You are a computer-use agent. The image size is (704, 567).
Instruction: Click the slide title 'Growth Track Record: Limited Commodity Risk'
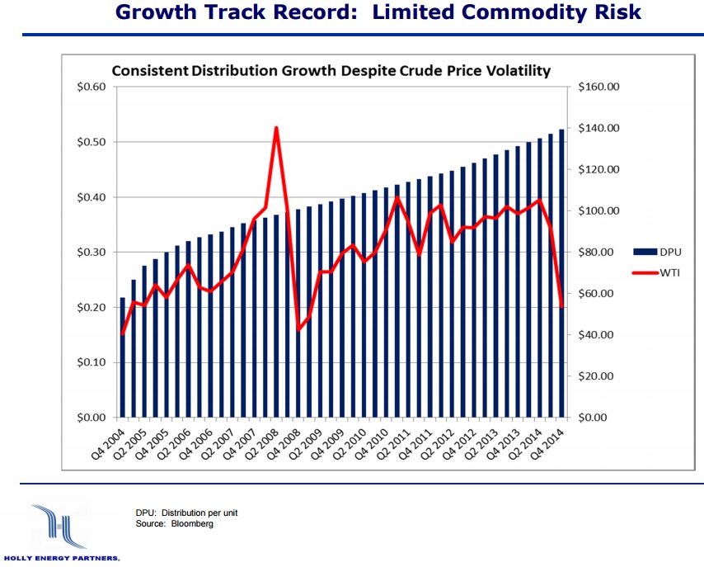(x=378, y=13)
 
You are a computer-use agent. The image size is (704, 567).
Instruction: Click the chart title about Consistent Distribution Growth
(x=331, y=71)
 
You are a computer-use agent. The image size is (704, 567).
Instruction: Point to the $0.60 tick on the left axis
(x=92, y=87)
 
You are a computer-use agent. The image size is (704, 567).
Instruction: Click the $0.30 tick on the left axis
(x=92, y=253)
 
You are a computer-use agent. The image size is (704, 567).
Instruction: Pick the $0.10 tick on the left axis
(x=92, y=362)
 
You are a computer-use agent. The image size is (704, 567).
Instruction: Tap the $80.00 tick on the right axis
(x=601, y=253)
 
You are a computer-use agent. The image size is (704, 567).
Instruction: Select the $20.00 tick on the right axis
(x=601, y=376)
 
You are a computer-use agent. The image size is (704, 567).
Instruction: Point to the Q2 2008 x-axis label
(x=266, y=444)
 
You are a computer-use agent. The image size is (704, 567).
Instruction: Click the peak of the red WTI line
(x=276, y=128)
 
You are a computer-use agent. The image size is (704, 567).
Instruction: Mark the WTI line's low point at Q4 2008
(x=298, y=330)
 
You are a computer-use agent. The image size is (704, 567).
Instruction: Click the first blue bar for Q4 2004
(x=123, y=357)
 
